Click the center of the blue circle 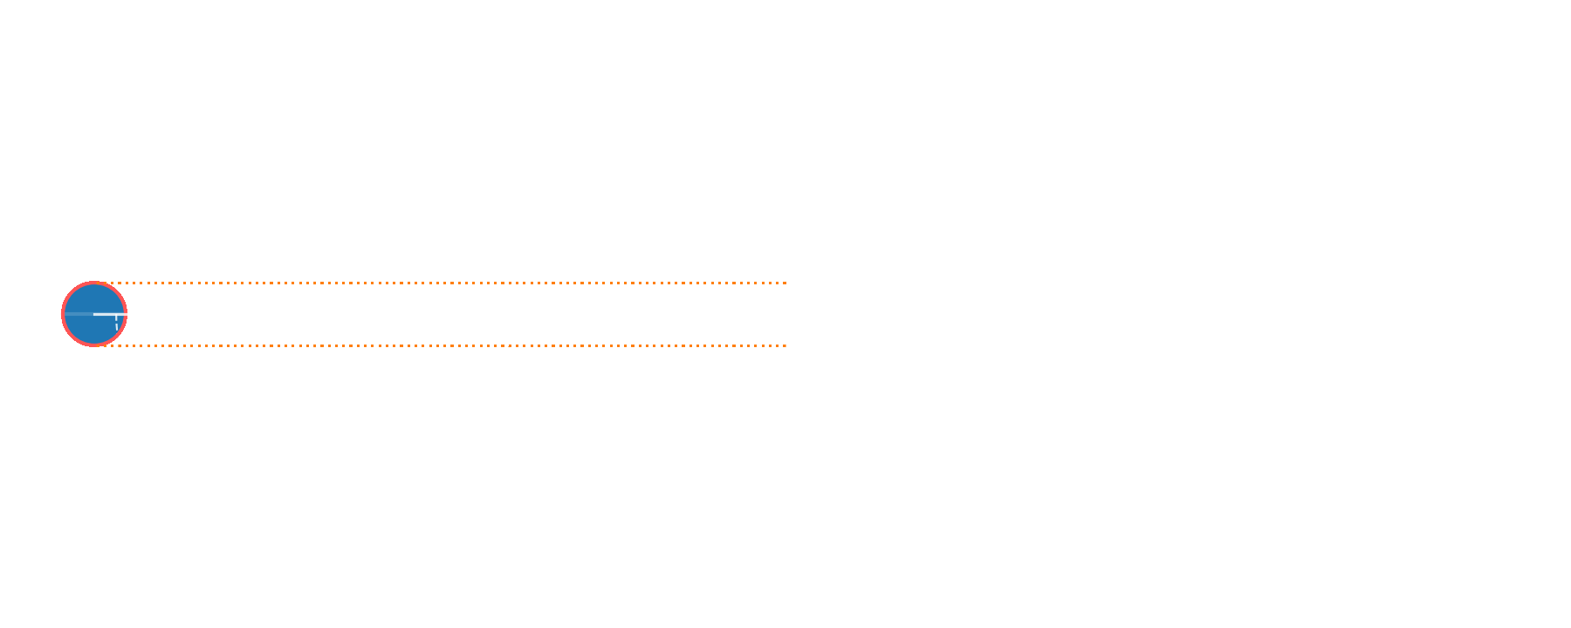pos(94,314)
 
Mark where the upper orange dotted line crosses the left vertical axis pos(314,283)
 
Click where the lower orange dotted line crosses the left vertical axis pos(314,345)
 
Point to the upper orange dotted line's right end pos(785,283)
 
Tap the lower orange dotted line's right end pos(785,345)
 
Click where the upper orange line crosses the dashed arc pos(509,283)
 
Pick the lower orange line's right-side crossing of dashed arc pos(509,345)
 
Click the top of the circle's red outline pos(94,283)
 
